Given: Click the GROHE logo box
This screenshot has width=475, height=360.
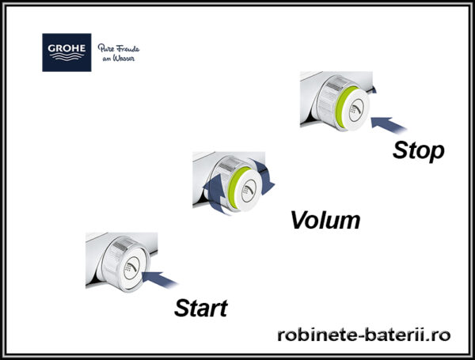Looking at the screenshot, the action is click(66, 52).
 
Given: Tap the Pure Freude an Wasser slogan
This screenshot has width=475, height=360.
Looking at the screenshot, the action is click(119, 53).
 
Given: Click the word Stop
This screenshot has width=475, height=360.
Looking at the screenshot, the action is click(418, 150).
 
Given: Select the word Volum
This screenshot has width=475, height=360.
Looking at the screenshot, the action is click(325, 220).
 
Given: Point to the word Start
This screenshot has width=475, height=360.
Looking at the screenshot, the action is click(201, 308).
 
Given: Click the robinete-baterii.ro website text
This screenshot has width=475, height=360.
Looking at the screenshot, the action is click(364, 335).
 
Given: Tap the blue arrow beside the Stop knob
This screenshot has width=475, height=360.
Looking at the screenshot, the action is click(389, 125).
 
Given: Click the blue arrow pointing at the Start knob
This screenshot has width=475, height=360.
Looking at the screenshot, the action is click(159, 279).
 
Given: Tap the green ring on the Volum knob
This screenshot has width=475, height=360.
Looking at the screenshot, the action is click(235, 187).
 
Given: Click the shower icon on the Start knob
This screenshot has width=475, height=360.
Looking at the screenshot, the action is click(131, 268).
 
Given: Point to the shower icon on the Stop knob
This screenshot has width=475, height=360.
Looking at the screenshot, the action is click(356, 110).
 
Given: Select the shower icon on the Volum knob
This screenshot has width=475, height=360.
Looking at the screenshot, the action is click(249, 191).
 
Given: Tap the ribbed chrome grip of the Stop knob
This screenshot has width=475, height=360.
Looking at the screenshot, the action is click(329, 100).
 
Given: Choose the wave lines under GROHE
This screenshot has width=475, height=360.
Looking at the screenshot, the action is click(66, 57).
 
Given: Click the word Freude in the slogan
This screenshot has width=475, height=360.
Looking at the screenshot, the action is click(127, 48).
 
